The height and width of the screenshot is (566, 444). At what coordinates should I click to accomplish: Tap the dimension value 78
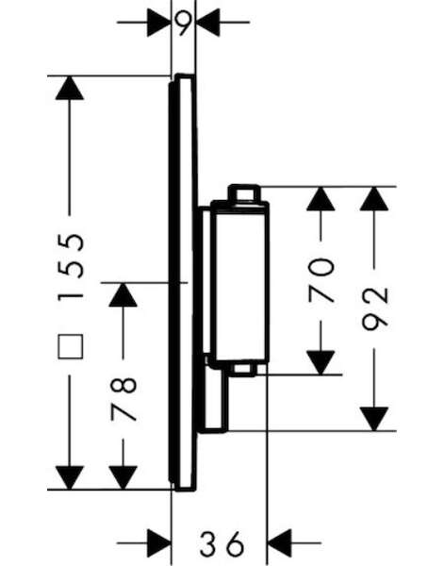click(x=124, y=398)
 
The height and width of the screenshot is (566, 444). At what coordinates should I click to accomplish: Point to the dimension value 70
click(x=321, y=280)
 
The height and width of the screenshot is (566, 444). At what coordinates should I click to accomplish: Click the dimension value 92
click(x=375, y=309)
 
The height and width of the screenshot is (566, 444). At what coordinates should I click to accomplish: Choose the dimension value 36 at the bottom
click(x=222, y=543)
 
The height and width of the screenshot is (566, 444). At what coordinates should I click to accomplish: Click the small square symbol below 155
click(x=71, y=346)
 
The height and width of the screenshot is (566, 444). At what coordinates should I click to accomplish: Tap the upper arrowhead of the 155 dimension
click(x=70, y=88)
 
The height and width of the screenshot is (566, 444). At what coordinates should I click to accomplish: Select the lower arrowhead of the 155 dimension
click(x=70, y=477)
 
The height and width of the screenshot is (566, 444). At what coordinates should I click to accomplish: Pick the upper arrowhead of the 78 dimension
click(x=123, y=294)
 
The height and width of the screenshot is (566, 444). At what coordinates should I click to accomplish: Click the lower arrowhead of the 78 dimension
click(x=123, y=477)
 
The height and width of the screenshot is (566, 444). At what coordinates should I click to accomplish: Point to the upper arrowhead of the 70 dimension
click(x=321, y=198)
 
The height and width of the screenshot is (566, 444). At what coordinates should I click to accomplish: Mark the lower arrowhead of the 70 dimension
click(x=321, y=363)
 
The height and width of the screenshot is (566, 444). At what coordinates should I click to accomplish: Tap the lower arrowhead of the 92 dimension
click(x=374, y=419)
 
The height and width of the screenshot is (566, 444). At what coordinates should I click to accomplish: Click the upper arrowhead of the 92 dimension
click(x=374, y=198)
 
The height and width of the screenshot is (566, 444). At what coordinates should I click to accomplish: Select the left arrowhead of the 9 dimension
click(x=159, y=23)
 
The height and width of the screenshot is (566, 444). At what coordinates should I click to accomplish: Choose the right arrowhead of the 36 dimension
click(x=279, y=543)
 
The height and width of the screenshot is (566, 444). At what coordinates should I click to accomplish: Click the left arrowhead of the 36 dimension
click(x=159, y=543)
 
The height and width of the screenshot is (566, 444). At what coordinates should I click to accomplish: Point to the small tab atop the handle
click(x=244, y=193)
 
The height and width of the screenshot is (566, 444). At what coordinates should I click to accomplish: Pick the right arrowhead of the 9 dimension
click(x=207, y=23)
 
